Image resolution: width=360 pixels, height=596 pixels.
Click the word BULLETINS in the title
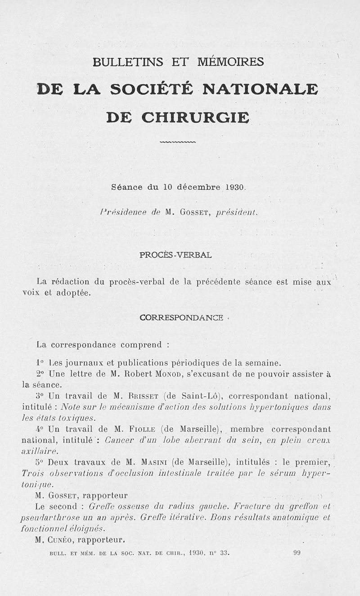127,62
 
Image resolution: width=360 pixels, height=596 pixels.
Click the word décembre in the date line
198,187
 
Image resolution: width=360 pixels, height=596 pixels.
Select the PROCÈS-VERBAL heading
175,255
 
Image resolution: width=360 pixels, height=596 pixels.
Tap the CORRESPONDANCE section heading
181,318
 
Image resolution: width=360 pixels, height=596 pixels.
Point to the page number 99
297,553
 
